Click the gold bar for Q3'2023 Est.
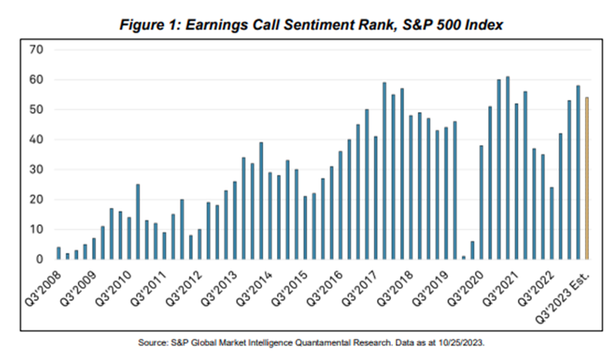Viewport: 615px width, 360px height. pos(588,179)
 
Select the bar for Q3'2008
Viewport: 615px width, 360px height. pos(58,254)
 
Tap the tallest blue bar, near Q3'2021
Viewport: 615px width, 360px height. pos(508,168)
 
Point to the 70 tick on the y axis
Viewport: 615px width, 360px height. pos(37,50)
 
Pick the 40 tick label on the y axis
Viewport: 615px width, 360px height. pos(37,139)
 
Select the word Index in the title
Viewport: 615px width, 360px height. pos(486,25)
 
